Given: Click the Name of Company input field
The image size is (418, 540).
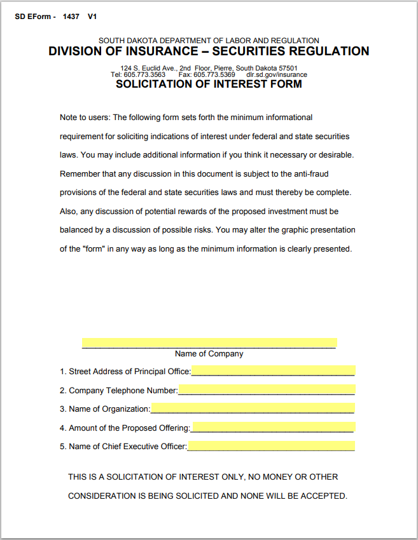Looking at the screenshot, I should (x=209, y=343).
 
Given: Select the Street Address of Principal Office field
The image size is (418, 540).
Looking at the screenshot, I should (x=272, y=371).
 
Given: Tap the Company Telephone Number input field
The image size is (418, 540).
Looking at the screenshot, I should (x=267, y=390).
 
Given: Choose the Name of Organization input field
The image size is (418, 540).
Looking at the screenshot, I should (x=252, y=408).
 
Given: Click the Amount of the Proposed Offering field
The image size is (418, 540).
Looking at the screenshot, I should (x=272, y=428).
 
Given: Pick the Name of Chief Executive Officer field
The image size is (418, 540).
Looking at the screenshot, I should (x=271, y=446).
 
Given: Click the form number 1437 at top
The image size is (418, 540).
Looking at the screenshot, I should (x=71, y=17).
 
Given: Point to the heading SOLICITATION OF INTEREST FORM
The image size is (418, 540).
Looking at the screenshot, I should (x=209, y=84).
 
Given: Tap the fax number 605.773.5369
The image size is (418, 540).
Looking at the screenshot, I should (x=214, y=74).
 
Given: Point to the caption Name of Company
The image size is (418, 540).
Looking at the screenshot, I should (x=209, y=354).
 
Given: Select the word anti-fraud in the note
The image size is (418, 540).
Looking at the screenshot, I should (x=310, y=173).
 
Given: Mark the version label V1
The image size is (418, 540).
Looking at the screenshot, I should (x=92, y=17).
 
